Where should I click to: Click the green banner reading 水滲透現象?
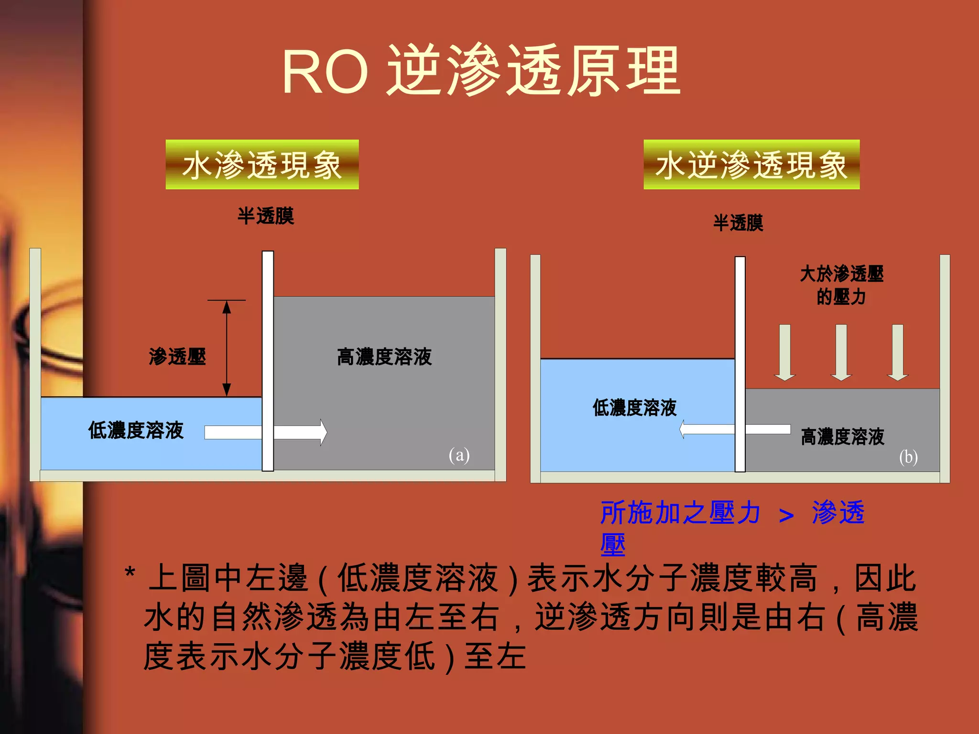(262, 165)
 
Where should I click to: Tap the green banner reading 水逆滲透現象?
(751, 165)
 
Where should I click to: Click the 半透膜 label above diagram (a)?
(266, 216)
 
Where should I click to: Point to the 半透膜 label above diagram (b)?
(738, 223)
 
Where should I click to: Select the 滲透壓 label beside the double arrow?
(177, 356)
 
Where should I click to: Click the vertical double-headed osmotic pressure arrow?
(227, 348)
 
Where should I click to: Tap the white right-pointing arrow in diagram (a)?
(268, 432)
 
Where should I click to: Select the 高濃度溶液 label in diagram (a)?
(384, 357)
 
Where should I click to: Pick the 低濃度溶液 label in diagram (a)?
(136, 430)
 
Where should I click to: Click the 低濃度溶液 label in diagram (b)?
(634, 408)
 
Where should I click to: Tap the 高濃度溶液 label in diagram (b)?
(842, 437)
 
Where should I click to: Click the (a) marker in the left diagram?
(459, 454)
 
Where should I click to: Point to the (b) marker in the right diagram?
(908, 457)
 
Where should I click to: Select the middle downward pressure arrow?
(841, 352)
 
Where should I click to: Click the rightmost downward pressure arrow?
(898, 352)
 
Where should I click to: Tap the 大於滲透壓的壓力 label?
(841, 285)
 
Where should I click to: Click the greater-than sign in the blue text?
(786, 515)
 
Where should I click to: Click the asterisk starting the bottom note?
(130, 572)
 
